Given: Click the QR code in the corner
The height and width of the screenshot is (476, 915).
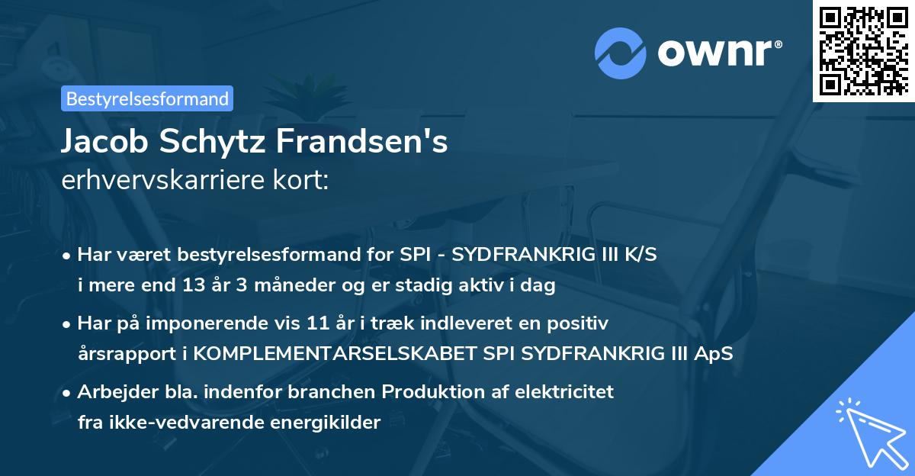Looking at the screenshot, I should point(864,50).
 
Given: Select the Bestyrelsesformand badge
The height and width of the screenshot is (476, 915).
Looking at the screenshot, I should point(147,98).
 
